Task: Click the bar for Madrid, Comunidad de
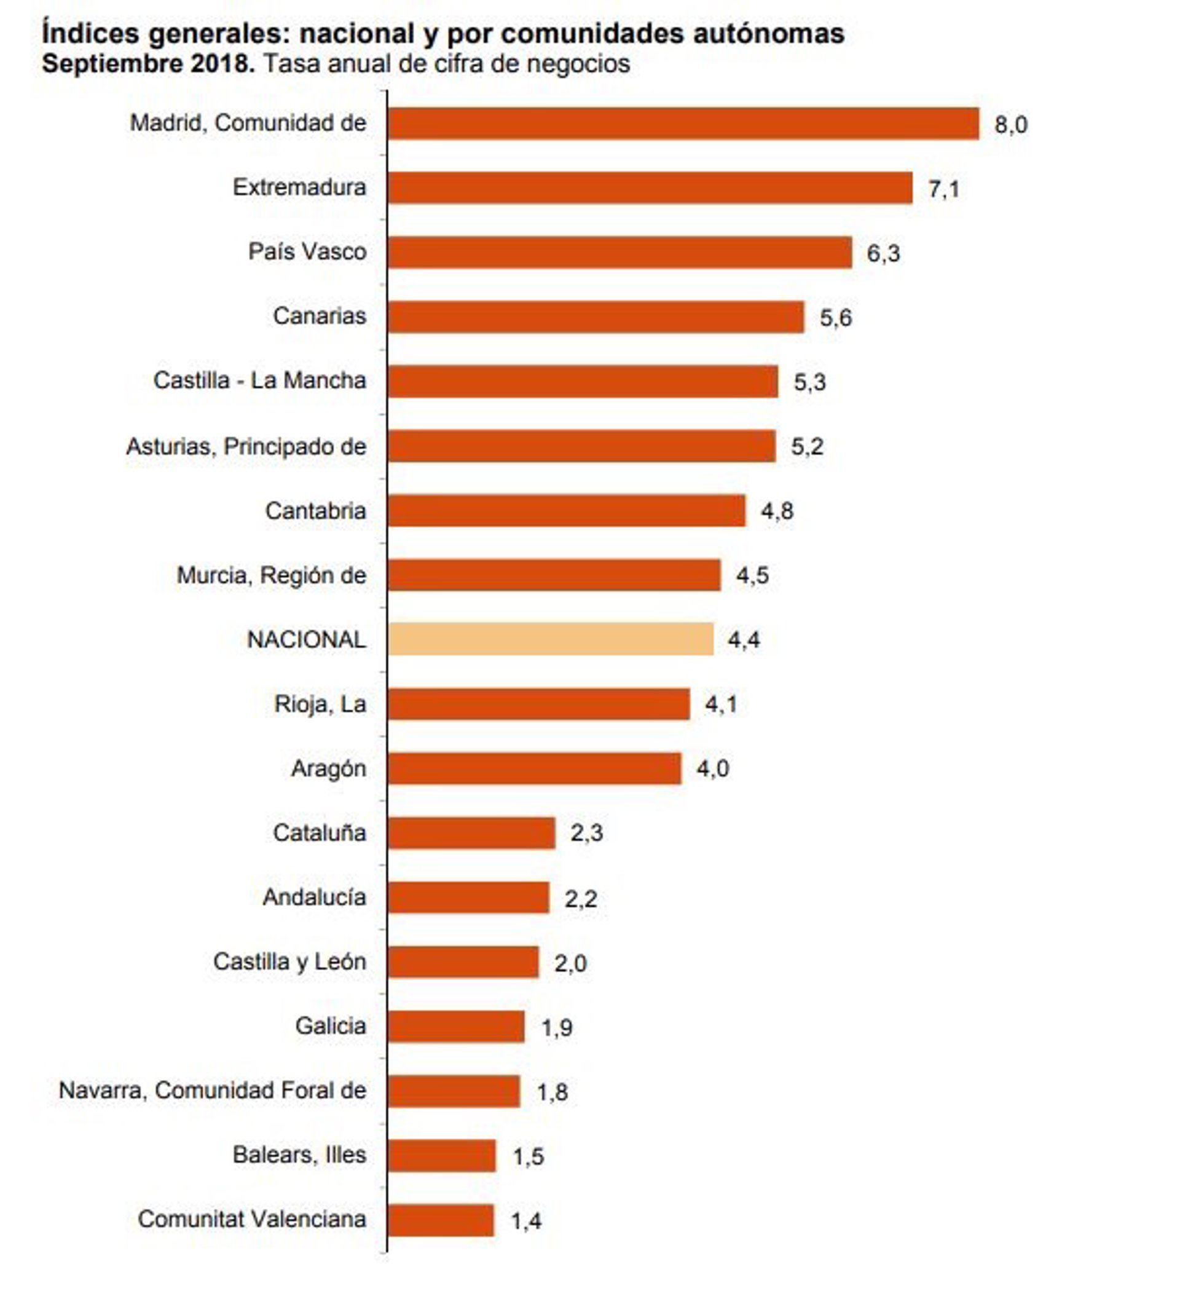(683, 123)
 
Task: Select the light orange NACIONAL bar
(551, 639)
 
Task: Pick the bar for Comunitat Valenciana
(441, 1221)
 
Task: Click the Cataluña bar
(471, 833)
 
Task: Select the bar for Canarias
(596, 317)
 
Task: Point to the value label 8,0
(1011, 124)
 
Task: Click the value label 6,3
(883, 253)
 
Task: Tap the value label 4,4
(743, 641)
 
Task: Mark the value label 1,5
(528, 1157)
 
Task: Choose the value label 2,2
(581, 899)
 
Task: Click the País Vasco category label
(307, 251)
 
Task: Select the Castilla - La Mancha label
(259, 381)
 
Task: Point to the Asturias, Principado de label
(246, 447)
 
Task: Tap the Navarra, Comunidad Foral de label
(213, 1091)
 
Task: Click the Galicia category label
(331, 1026)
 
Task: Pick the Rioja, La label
(320, 704)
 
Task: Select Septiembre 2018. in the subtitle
(148, 64)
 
